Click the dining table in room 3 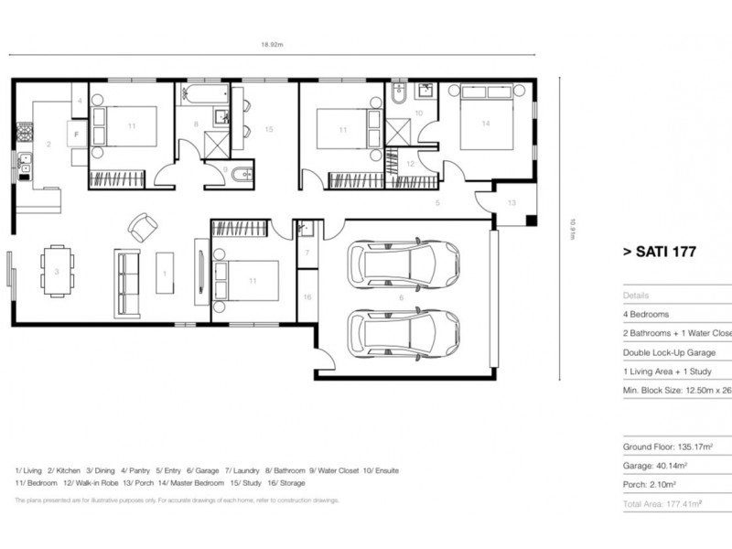click(56, 272)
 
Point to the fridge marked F click(75, 134)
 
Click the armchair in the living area click(141, 226)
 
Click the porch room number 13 click(511, 202)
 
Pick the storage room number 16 click(307, 297)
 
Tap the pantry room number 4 click(80, 100)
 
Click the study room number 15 click(269, 129)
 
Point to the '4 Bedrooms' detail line click(646, 314)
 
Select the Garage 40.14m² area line click(655, 465)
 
